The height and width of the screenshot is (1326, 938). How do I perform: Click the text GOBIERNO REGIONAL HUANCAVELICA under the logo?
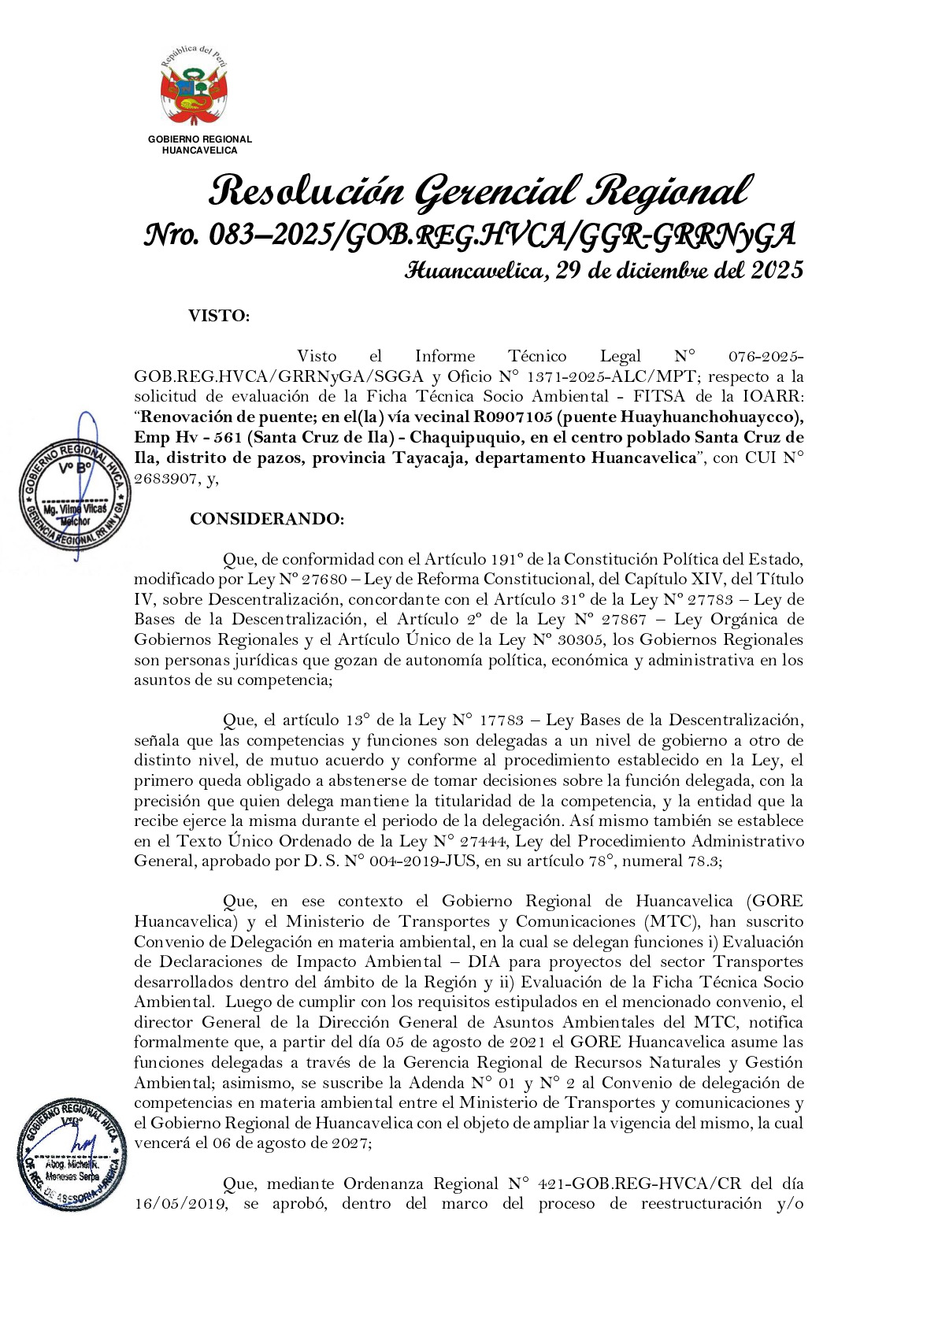[200, 145]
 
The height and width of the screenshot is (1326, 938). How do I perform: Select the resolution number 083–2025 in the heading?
[269, 235]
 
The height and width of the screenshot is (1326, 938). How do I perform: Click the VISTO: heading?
[219, 317]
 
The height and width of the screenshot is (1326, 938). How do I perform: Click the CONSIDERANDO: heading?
[267, 519]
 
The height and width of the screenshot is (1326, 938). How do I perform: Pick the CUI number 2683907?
[165, 479]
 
